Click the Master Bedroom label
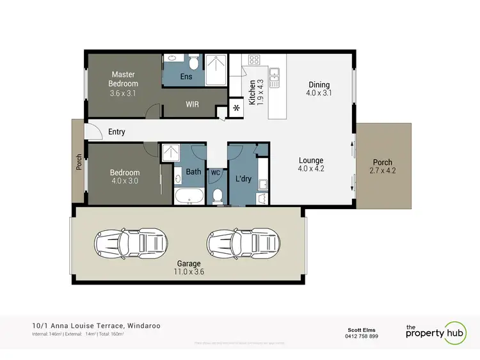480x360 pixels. coord(123,79)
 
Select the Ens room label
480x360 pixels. coord(186,77)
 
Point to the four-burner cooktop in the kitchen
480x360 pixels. coord(253,61)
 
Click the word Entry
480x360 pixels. coord(117,132)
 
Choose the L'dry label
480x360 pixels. coord(244,178)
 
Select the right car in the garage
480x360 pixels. coord(242,243)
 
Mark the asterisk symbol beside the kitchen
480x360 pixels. coord(237,107)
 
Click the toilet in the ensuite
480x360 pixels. coord(193,63)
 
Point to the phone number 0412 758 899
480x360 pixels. coord(361,336)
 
